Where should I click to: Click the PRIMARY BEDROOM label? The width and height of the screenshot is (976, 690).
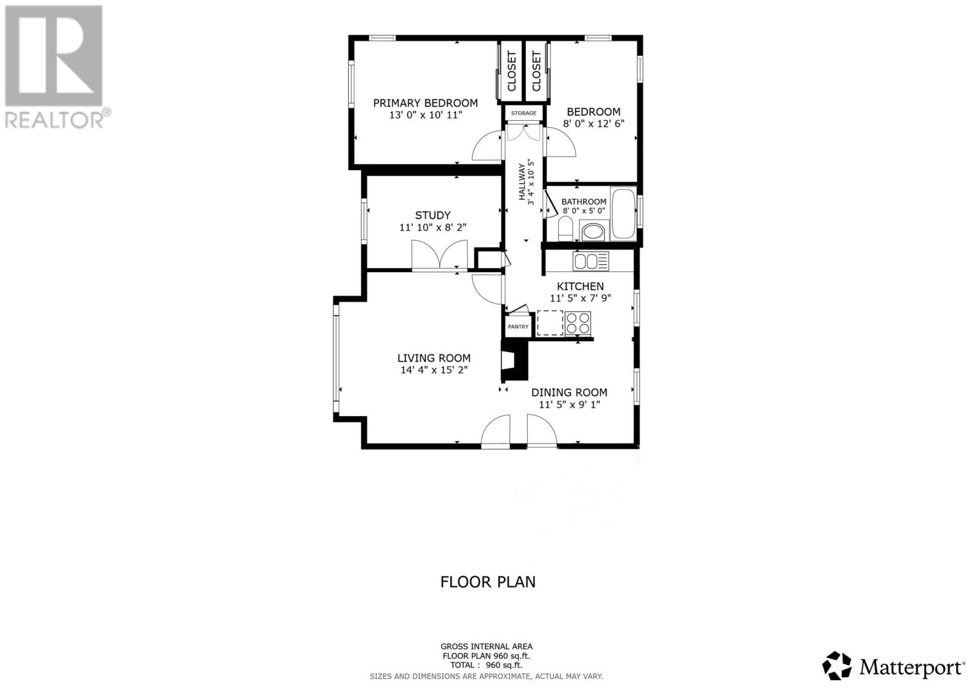click(425, 103)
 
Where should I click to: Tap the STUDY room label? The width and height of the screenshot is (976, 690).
click(432, 215)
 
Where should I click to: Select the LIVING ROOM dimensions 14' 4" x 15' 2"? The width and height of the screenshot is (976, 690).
click(434, 370)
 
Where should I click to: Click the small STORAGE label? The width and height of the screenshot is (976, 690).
click(524, 113)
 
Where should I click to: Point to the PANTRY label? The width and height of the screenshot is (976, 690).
click(518, 327)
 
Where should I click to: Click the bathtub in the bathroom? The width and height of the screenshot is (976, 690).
click(623, 214)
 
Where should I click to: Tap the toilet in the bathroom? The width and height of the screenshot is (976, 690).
click(565, 228)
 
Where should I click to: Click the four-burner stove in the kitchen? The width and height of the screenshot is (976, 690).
click(578, 323)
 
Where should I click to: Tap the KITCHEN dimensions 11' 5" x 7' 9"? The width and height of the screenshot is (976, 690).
click(580, 298)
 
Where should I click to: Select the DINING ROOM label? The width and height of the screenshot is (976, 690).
click(569, 392)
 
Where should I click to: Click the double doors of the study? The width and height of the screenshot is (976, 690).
click(439, 255)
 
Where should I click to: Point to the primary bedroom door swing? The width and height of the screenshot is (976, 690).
click(488, 147)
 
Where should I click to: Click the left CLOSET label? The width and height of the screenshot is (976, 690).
click(511, 71)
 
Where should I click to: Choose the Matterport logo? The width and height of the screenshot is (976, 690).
click(894, 666)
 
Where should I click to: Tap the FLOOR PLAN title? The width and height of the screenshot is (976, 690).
click(488, 581)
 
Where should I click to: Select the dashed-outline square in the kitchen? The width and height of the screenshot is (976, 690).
click(550, 323)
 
